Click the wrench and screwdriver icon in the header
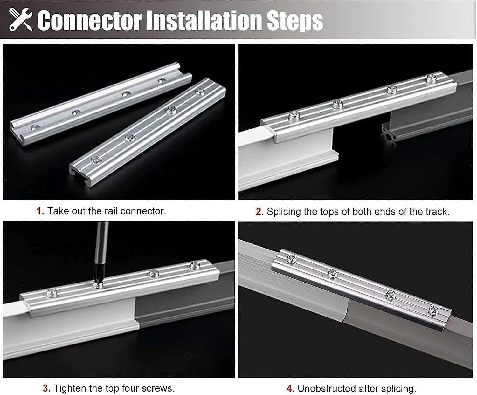(20, 20)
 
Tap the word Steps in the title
(295, 21)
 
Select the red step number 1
(40, 211)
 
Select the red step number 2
(259, 212)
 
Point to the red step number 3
(46, 388)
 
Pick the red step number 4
(289, 388)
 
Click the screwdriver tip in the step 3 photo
(96, 282)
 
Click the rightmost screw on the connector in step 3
(194, 266)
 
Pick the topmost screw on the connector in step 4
(291, 259)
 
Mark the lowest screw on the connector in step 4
(433, 310)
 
